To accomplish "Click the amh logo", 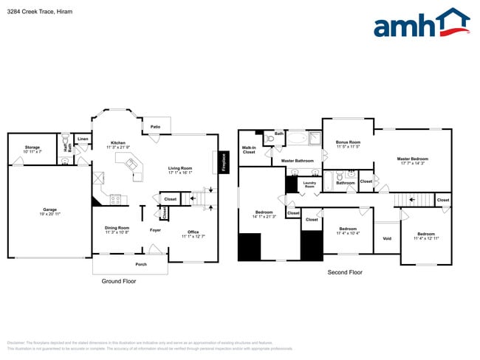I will tap(421, 24).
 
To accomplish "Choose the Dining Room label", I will tap(117, 229).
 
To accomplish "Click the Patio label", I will tap(156, 127).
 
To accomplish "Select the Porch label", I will tap(140, 264).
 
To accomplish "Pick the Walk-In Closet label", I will tap(249, 150).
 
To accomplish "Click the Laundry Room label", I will tap(309, 184).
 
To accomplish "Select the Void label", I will tap(387, 238).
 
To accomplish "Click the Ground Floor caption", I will tap(119, 281).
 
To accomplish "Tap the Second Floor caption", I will tap(345, 272).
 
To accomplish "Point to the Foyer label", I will tap(155, 230).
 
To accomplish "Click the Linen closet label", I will tap(83, 139).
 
